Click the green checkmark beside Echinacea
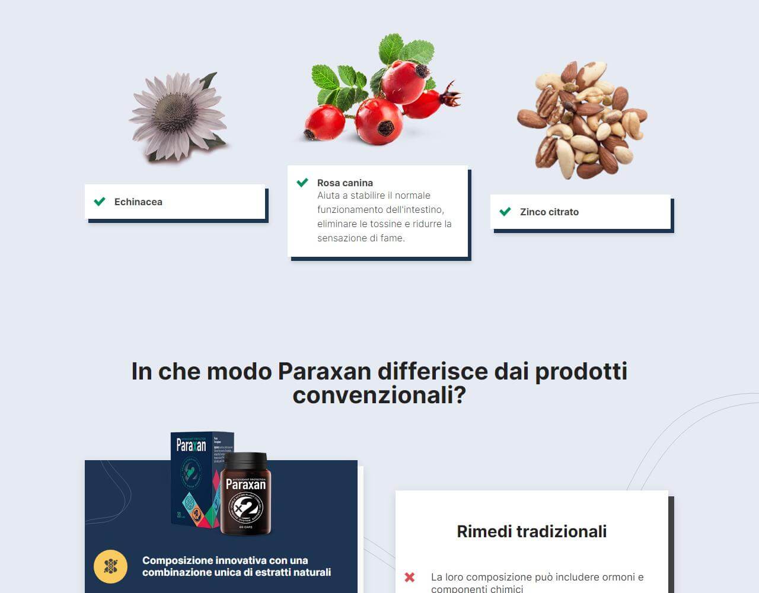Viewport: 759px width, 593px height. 100,202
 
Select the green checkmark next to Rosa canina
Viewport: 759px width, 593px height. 302,183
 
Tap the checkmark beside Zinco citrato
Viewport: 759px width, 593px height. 505,212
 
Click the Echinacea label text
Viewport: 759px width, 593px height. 138,202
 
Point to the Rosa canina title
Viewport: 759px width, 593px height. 345,183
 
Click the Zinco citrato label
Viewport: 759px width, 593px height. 549,212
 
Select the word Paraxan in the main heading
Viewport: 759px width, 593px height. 324,372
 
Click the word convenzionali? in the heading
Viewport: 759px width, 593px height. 379,396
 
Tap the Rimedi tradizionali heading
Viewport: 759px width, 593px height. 531,531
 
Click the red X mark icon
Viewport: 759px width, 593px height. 409,577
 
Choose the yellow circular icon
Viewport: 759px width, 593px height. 110,566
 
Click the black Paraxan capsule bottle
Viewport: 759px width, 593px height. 245,493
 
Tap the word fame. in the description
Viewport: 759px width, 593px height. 391,238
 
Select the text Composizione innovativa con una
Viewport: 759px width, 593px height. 225,560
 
